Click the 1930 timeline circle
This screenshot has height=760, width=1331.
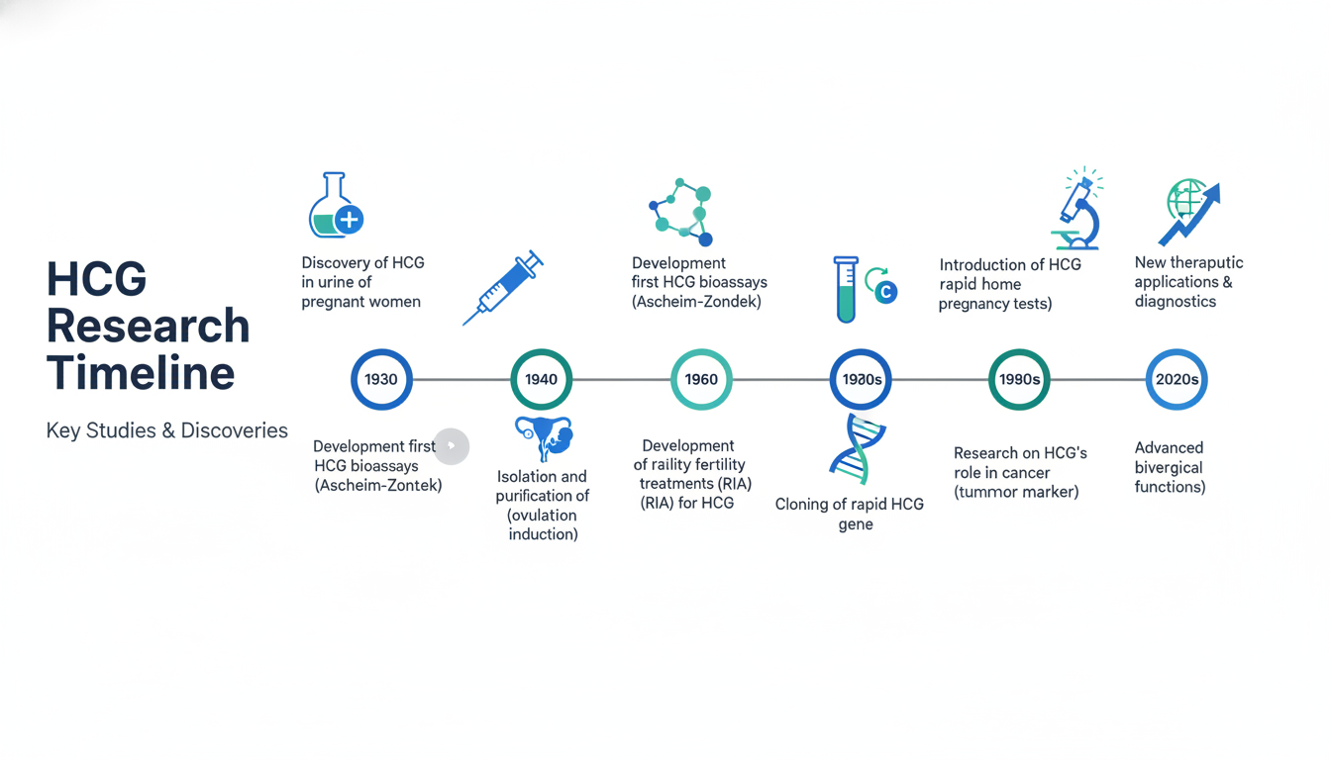pos(381,379)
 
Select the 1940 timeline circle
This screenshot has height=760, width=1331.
pos(541,379)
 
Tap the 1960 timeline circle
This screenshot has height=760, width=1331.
pos(701,379)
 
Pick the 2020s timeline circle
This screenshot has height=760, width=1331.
pos(1177,379)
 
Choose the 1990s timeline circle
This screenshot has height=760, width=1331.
pos(1019,379)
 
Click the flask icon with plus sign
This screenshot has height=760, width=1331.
pos(335,206)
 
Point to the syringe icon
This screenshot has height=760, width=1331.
pos(503,287)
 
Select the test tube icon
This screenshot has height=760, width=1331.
pos(845,289)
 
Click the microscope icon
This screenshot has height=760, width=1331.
pos(1077,210)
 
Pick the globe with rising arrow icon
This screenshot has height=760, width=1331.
pos(1188,211)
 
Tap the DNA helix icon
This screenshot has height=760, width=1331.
pos(856,450)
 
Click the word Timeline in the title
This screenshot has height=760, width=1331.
pos(141,373)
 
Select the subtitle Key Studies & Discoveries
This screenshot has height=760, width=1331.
pos(166,430)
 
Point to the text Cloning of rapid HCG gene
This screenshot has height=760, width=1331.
pos(849,514)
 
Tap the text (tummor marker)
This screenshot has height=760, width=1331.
pos(1016,492)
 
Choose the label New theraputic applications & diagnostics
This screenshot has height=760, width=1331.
pos(1187,282)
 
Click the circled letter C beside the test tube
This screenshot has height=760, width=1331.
pos(886,292)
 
